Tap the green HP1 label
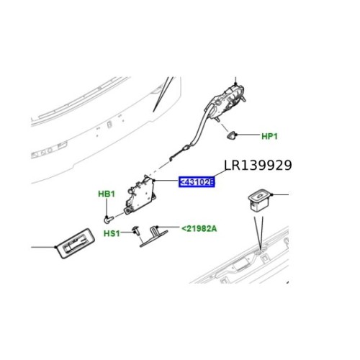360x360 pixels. coord(270,135)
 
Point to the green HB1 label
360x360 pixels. coord(106,194)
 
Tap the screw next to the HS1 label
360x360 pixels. coord(135,229)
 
